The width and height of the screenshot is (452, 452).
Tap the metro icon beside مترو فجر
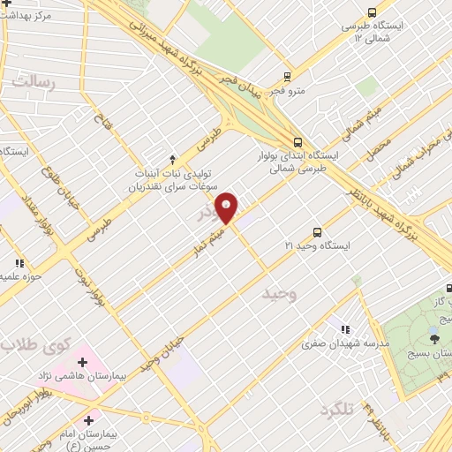coord(286,77)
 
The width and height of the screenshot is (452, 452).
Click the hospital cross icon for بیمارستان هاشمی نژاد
coord(83,361)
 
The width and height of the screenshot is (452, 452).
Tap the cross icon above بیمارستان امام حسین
coord(88,420)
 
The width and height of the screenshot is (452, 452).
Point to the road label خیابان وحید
coord(162,352)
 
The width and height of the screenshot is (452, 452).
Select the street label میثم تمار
coord(206,245)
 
